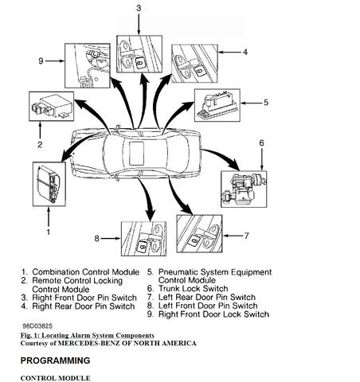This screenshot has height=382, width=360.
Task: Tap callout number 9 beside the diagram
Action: (41, 60)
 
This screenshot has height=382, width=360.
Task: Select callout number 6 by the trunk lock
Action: (261, 142)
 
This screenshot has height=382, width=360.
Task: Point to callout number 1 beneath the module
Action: (48, 232)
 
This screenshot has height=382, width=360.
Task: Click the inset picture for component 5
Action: (217, 103)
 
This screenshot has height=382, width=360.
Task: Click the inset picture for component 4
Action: (192, 62)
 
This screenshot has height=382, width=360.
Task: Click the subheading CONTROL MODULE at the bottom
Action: (55, 377)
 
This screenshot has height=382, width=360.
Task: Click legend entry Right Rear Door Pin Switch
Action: (79, 305)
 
